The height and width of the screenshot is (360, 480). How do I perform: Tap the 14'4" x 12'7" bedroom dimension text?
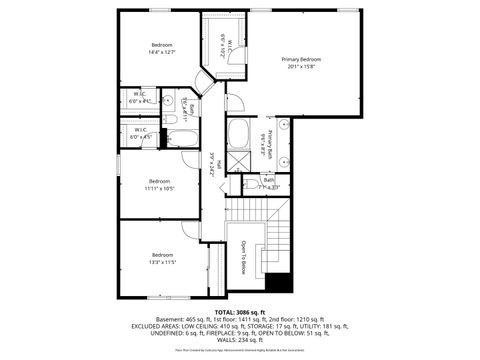(x=162, y=52)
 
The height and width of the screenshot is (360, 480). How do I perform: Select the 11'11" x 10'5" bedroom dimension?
(x=159, y=188)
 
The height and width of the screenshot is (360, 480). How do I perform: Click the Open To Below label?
(x=243, y=257)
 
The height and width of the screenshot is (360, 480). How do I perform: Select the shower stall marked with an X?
(x=239, y=161)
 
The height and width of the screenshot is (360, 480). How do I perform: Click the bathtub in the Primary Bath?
(x=240, y=134)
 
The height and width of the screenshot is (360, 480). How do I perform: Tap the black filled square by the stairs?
(x=283, y=282)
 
